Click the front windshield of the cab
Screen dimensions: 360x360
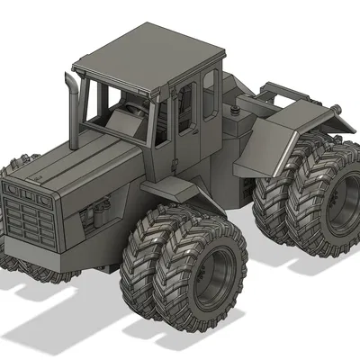tap(121, 112)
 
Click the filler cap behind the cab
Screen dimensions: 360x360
tap(237, 111)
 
